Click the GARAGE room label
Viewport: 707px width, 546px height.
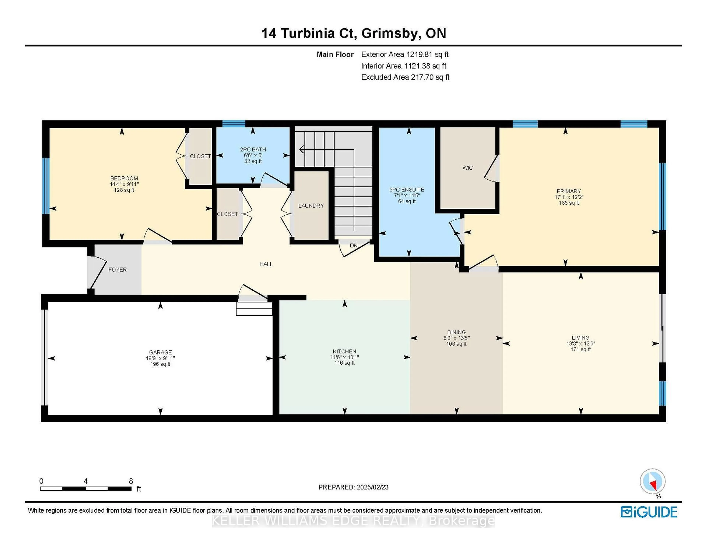pos(160,352)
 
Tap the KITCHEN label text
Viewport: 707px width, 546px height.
pos(344,351)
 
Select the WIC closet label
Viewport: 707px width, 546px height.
pos(467,168)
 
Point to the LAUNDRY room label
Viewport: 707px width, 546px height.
pos(311,205)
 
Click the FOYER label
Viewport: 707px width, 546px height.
pos(117,270)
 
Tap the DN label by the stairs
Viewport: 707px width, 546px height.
pos(353,246)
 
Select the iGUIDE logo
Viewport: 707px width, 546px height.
pos(649,512)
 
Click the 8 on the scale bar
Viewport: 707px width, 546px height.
pos(131,481)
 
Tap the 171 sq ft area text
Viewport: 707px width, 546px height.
pos(581,349)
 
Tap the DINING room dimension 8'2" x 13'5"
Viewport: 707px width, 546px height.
pos(456,338)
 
